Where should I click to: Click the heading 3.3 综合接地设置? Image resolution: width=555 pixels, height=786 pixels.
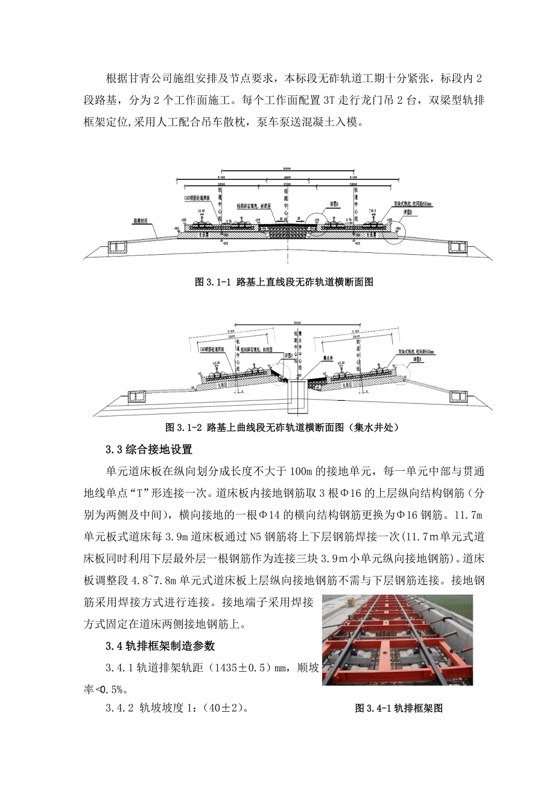(148, 449)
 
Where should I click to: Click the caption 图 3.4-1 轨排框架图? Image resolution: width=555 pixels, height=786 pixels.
(399, 708)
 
